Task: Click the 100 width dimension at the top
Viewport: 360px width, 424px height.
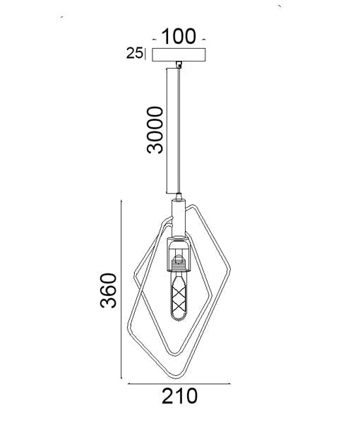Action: [179, 37]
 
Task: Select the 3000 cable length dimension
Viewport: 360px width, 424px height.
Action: [154, 130]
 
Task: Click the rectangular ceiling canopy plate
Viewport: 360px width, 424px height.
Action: [179, 54]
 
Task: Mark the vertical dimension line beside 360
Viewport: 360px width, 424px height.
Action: [124, 290]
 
